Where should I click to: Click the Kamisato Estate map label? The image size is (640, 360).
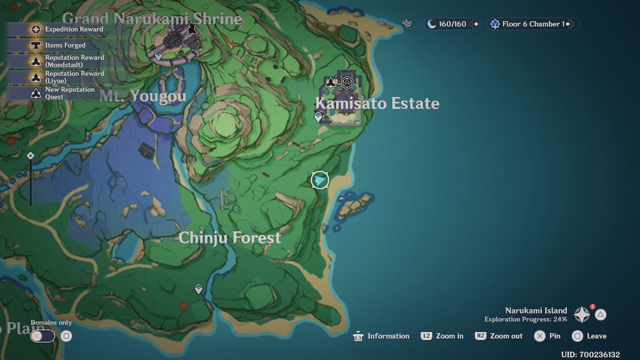377,103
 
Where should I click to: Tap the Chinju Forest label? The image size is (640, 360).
230,238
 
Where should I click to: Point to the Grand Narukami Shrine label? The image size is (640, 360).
152,20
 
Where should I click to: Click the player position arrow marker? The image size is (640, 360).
319,180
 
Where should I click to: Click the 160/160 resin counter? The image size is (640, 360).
451,24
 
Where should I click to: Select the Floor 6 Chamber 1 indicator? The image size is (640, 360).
533,24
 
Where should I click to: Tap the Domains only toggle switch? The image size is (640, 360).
43,336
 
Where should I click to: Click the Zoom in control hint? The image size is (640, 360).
442,336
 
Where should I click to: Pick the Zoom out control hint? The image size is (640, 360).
499,336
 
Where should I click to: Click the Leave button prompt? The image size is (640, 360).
589,336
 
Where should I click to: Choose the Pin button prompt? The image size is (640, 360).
548,336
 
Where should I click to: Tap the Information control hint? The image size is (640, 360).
382,336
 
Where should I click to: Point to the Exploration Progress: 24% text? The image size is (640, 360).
525,319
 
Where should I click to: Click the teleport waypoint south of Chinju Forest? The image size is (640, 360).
198,289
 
